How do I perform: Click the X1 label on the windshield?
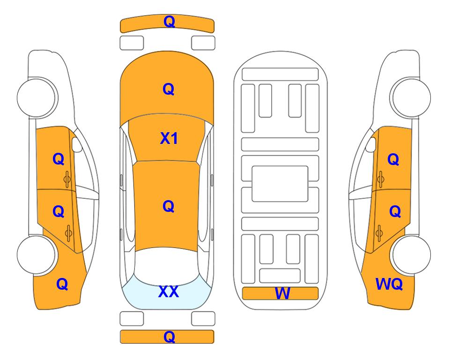[x=169, y=138]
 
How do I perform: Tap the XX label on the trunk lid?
[x=169, y=292]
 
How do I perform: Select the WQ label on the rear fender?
[x=389, y=284]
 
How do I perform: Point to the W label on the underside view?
[x=282, y=293]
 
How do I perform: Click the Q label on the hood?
[x=169, y=89]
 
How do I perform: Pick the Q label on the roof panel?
[x=169, y=206]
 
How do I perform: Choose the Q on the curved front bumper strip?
[x=169, y=22]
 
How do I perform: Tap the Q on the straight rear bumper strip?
[x=169, y=337]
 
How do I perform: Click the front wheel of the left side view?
[x=37, y=97]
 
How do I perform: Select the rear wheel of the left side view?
[x=37, y=255]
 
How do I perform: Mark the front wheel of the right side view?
[x=411, y=97]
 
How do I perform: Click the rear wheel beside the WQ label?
[x=411, y=255]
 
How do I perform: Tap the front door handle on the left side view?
[x=67, y=180]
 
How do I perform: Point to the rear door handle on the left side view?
[x=68, y=233]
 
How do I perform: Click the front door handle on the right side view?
[x=380, y=180]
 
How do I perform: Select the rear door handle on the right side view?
[x=379, y=233]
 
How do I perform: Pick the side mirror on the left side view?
[x=77, y=144]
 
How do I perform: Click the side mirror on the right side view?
[x=371, y=144]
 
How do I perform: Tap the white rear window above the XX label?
[x=167, y=266]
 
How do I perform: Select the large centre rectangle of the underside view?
[x=280, y=184]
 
